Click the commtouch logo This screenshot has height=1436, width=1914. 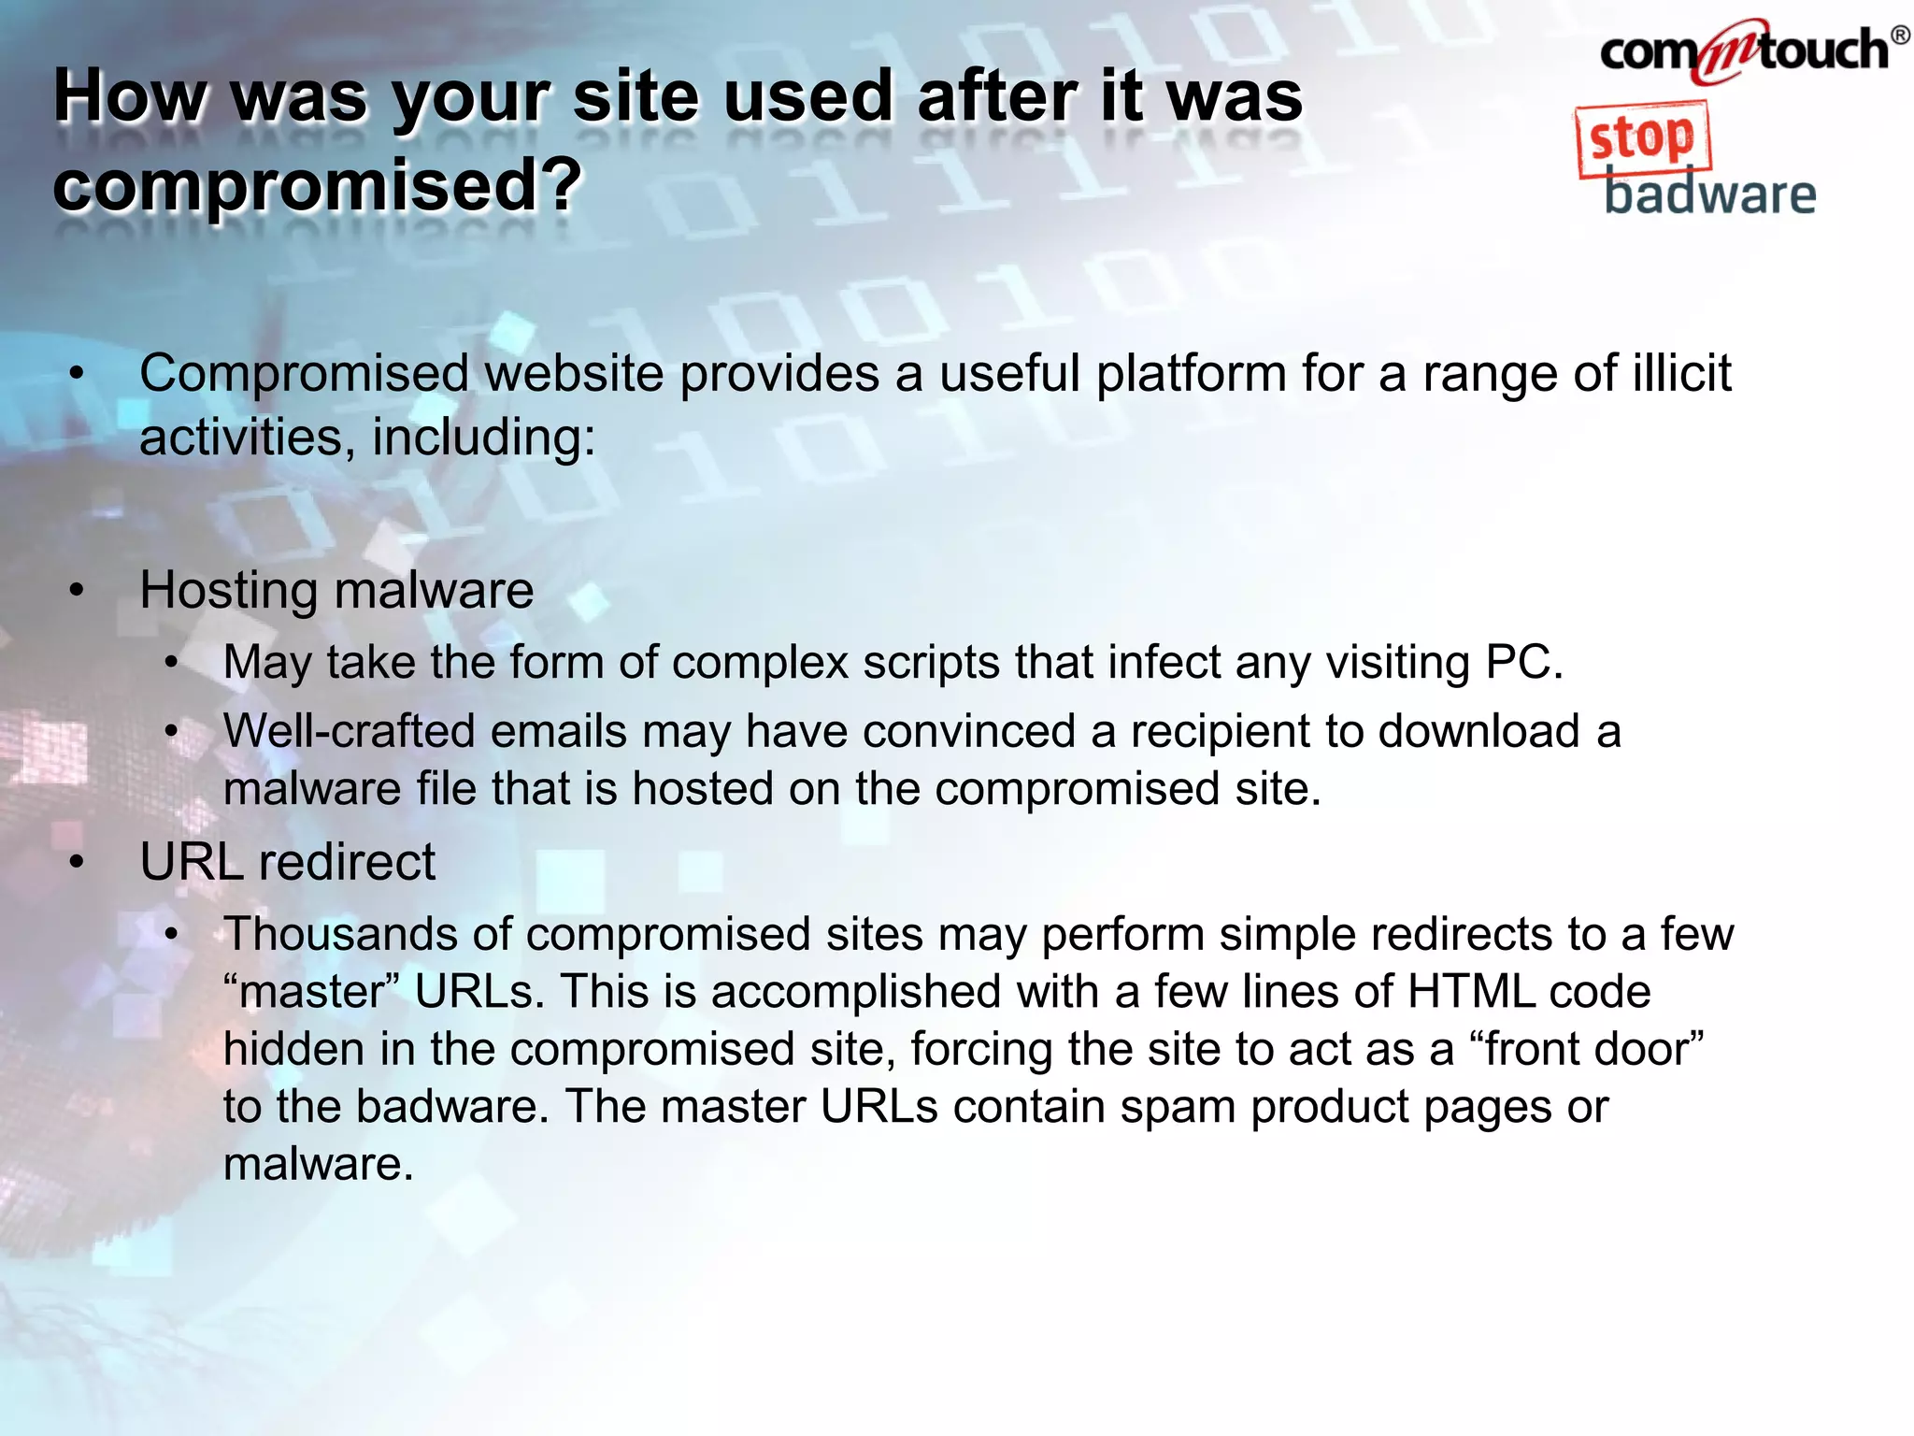pos(1744,50)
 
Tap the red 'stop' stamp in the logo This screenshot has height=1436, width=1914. pos(1643,139)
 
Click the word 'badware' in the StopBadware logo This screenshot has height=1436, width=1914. pos(1709,194)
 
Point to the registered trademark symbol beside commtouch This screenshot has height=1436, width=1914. pos(1900,36)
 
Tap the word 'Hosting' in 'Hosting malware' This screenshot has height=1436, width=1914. pos(229,591)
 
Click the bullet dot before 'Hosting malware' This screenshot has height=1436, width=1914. pos(77,591)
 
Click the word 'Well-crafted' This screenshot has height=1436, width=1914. pos(350,731)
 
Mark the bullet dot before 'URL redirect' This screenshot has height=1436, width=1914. pos(77,861)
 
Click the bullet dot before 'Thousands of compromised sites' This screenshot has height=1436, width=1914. pos(171,934)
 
